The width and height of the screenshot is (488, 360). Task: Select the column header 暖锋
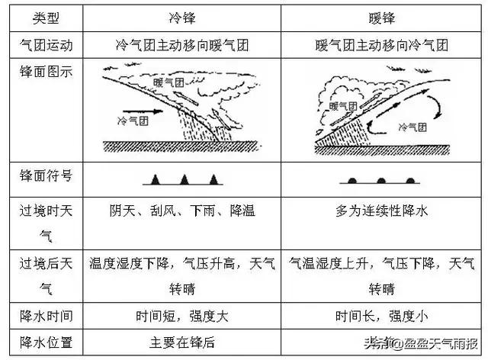pos(382,17)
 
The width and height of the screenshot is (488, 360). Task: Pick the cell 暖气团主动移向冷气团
pos(382,45)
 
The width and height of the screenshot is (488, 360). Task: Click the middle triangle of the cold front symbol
pos(184,179)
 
